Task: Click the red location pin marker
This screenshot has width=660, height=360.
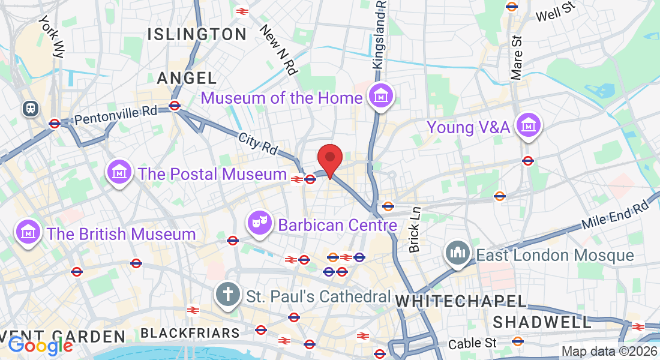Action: click(329, 158)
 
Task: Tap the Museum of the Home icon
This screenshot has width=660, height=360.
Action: click(381, 95)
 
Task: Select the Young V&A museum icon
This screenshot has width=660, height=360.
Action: click(529, 125)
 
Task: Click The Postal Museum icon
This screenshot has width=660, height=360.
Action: click(119, 172)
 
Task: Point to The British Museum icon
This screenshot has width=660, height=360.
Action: click(28, 232)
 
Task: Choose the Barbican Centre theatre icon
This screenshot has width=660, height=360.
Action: click(260, 223)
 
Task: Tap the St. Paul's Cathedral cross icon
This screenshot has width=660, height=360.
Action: click(228, 295)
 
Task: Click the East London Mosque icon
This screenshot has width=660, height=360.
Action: click(457, 254)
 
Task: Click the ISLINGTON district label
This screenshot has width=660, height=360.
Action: click(197, 34)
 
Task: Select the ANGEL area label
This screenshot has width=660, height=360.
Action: click(187, 78)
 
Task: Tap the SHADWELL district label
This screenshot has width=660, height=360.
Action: click(542, 322)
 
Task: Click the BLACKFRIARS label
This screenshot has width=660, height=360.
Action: click(190, 333)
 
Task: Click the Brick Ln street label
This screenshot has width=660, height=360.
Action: click(415, 229)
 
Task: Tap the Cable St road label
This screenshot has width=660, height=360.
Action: click(473, 343)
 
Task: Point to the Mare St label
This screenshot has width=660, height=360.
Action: click(517, 57)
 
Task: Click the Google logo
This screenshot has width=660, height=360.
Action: click(40, 346)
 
